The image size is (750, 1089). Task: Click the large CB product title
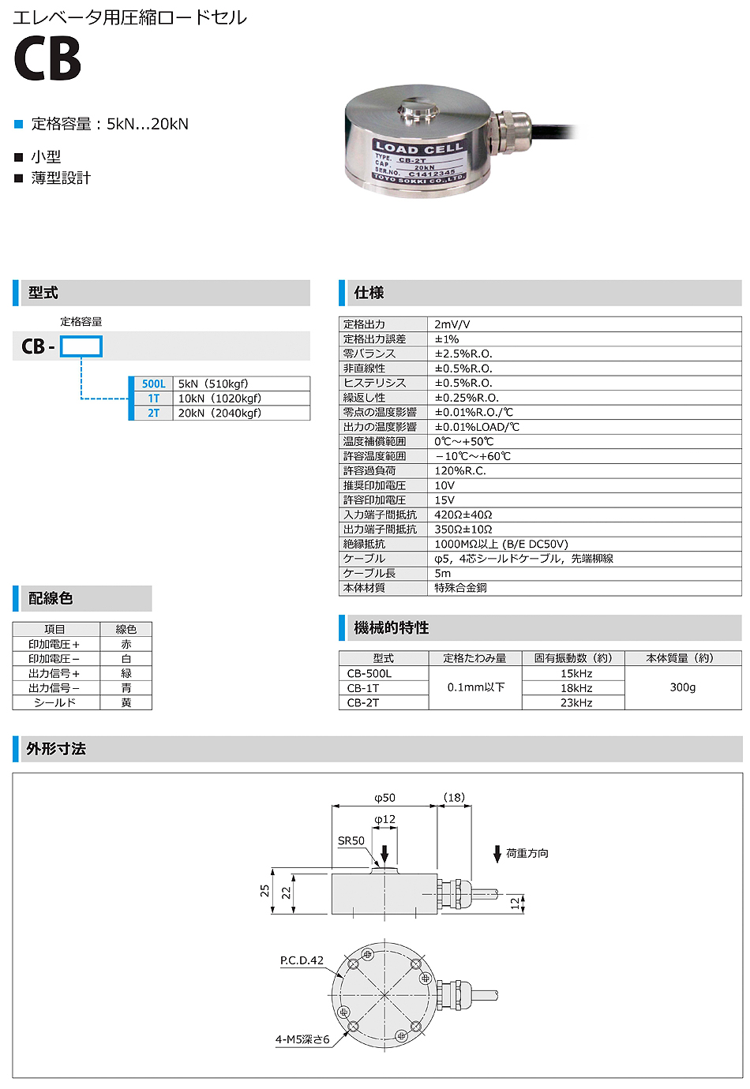47,59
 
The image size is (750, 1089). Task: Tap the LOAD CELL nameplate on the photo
419,162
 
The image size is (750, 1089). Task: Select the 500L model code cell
153,384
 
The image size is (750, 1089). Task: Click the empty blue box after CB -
81,346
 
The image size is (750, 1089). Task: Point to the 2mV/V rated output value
452,324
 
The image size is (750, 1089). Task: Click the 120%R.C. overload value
460,470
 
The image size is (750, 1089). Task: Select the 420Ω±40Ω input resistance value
463,515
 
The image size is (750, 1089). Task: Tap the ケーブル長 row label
369,573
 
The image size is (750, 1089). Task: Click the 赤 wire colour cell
126,644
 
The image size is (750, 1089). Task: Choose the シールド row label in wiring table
55,702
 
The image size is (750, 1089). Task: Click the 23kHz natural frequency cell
576,702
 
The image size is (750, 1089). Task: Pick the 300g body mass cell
682,687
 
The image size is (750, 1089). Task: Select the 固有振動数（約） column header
573,658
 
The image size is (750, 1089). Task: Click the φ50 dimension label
384,798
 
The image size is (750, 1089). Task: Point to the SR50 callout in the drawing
351,840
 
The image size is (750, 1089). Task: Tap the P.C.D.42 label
302,960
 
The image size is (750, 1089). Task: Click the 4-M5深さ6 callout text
302,1039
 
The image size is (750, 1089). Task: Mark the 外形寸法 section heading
56,749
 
